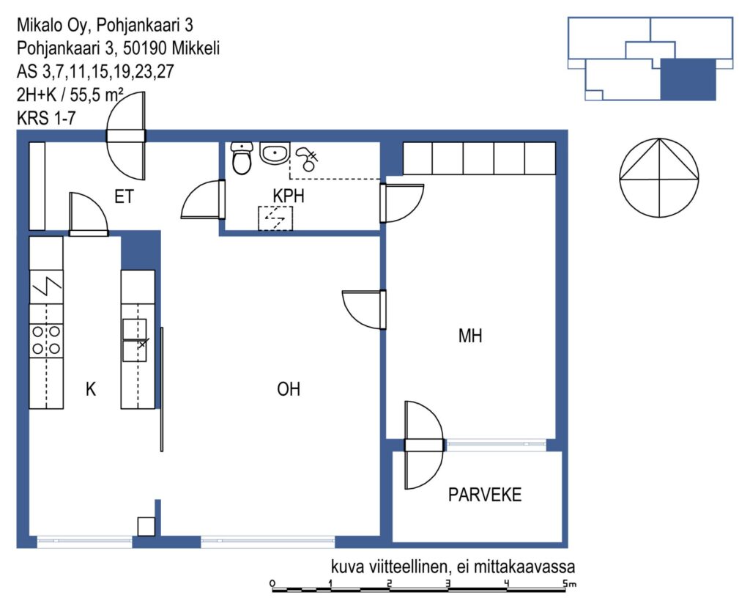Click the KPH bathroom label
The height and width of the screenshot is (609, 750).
[x=289, y=196]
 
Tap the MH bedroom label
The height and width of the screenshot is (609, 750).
[x=470, y=336]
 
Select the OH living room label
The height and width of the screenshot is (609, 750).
[x=289, y=389]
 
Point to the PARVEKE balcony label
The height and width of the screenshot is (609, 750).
[x=485, y=495]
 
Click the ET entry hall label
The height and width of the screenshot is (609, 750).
[x=125, y=196]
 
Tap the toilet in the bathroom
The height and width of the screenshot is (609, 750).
[x=242, y=158]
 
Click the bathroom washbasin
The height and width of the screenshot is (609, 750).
[x=275, y=153]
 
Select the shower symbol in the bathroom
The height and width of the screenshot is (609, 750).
[x=307, y=158]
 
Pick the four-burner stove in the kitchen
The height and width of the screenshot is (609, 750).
[x=46, y=339]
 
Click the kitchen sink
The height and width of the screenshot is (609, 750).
[x=135, y=339]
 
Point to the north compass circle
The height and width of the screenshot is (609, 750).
[x=658, y=177]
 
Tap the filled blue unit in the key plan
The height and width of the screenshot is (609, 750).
[x=688, y=79]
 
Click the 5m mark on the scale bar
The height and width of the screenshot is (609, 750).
[x=569, y=583]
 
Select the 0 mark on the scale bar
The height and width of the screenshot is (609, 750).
[x=272, y=583]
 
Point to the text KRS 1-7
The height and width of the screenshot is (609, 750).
[x=46, y=118]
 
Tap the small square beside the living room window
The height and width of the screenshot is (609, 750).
[x=146, y=526]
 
